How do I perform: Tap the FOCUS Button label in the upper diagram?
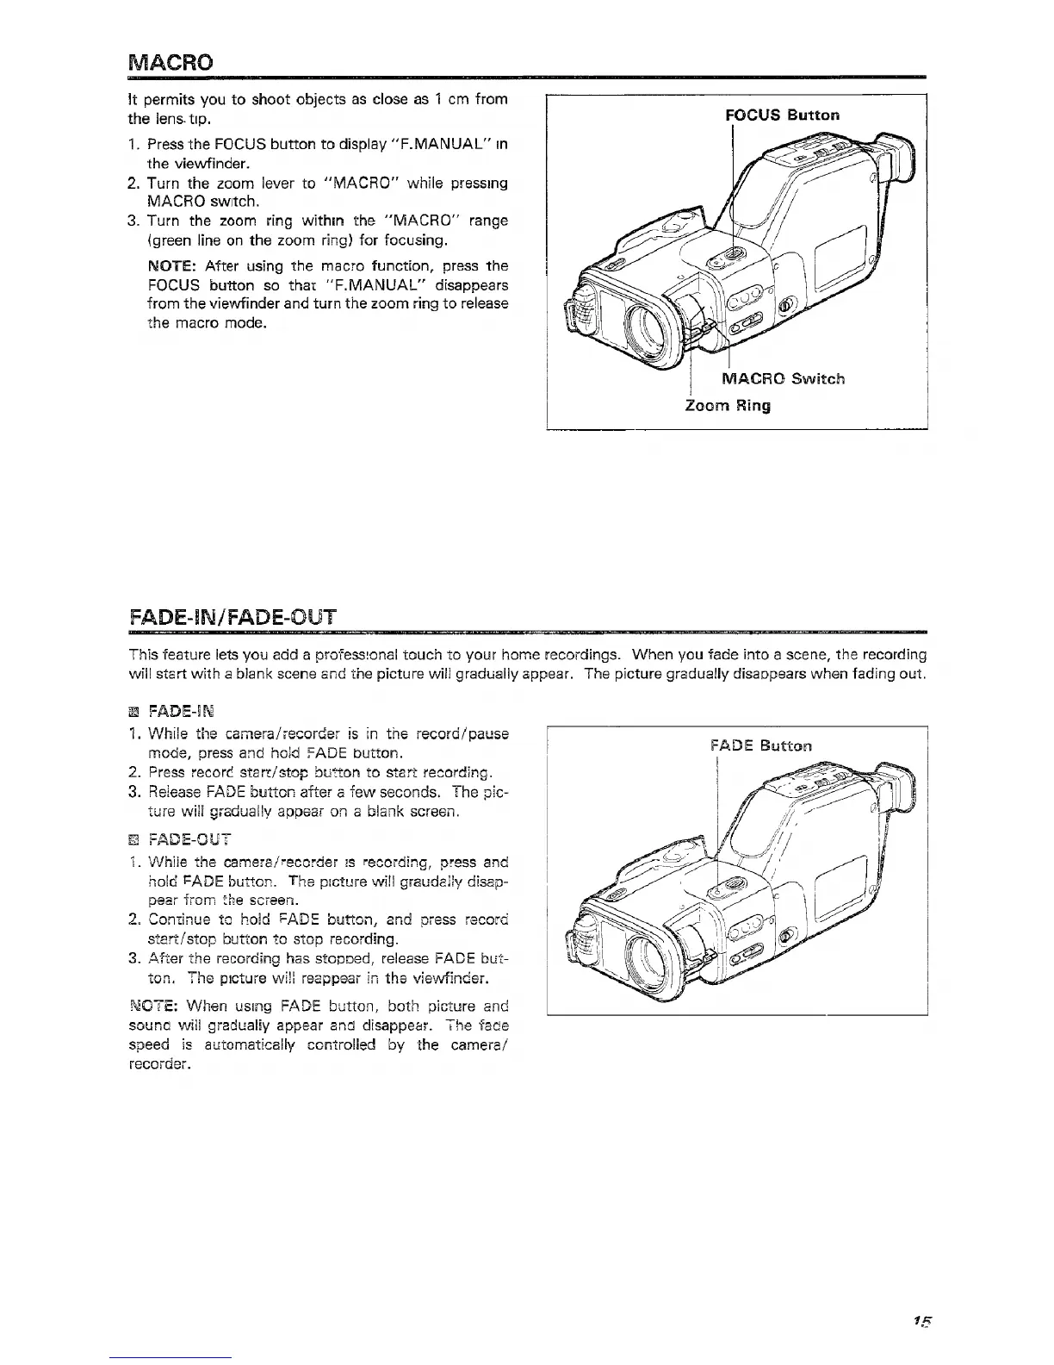pos(781,115)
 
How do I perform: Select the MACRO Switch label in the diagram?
pos(782,378)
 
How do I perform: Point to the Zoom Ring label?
pos(727,405)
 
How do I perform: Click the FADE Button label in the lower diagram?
pos(761,745)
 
